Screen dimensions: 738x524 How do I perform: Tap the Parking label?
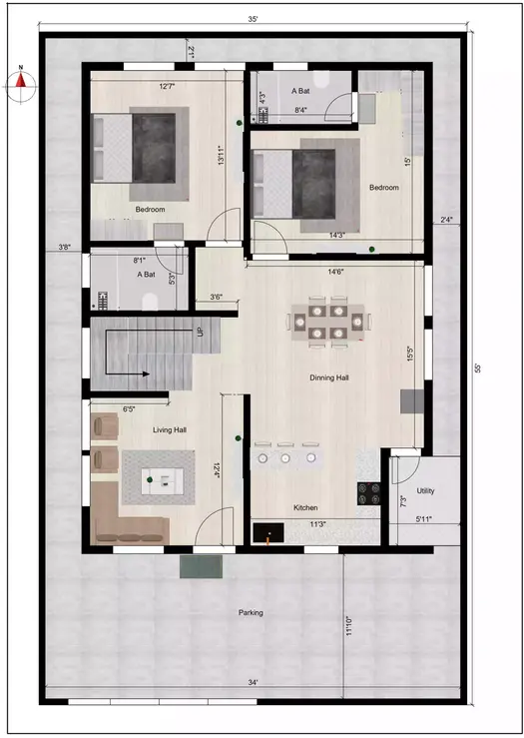251,612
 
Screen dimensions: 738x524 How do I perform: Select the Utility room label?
426,491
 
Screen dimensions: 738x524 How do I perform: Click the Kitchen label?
305,507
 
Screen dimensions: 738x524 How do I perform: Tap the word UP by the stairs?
201,331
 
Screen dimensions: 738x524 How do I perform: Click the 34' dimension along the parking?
255,682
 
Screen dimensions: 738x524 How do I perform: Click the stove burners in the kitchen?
368,490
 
